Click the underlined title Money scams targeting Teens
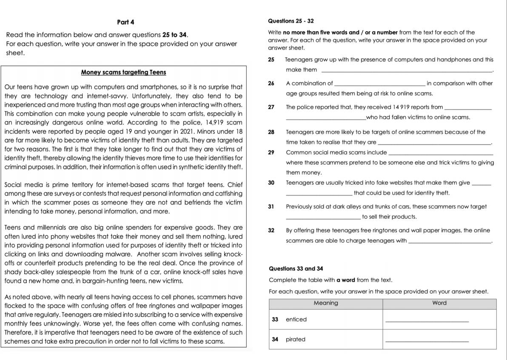point(123,72)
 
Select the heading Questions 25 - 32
point(291,21)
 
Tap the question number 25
point(272,60)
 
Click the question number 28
point(272,132)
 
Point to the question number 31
point(272,207)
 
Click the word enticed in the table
point(296,320)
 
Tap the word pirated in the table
point(296,340)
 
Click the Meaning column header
point(326,303)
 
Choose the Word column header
point(439,303)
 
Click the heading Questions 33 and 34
point(296,269)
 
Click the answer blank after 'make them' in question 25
point(406,71)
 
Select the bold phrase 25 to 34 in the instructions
point(175,35)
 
